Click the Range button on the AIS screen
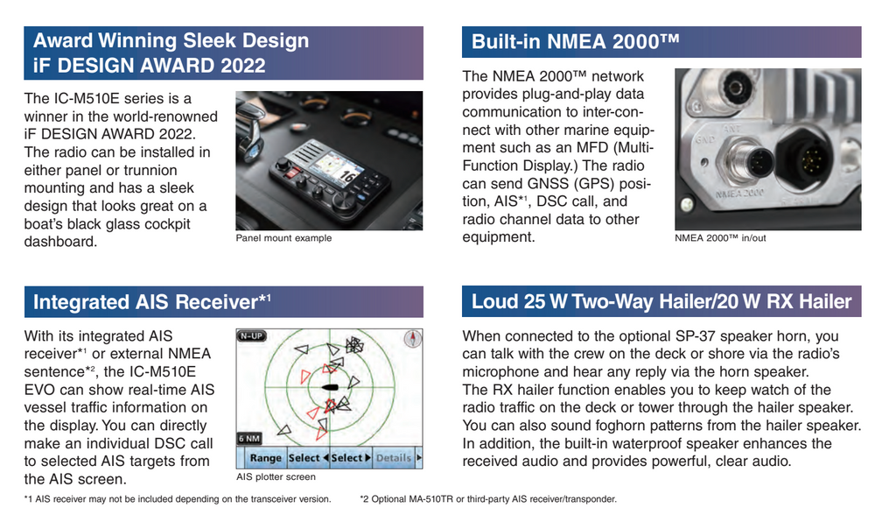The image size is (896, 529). click(265, 458)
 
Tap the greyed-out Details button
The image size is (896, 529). click(394, 458)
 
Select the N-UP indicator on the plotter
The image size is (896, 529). click(252, 335)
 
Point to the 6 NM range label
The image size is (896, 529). click(248, 438)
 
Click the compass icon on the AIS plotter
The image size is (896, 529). click(409, 338)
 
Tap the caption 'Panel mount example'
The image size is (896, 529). click(283, 238)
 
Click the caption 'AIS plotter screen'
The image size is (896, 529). click(276, 477)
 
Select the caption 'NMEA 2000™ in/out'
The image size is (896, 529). click(720, 238)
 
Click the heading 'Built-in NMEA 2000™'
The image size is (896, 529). click(575, 41)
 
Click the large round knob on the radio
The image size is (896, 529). click(344, 202)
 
